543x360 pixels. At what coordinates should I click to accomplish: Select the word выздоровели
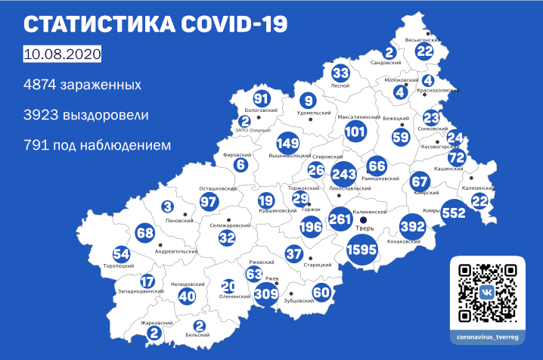coord(106,115)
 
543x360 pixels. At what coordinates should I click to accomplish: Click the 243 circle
coord(344,173)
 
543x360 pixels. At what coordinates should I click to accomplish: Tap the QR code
coord(489,290)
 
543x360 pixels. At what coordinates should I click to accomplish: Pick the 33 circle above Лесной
coord(341,73)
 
